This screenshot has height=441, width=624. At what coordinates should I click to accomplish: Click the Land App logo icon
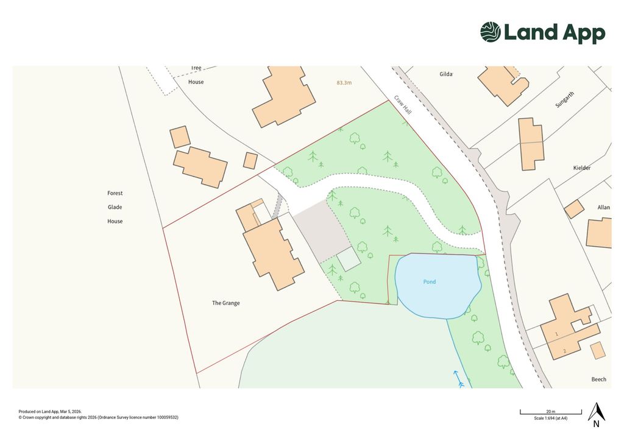click(x=491, y=32)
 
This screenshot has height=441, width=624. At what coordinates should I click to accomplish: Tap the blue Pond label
click(x=430, y=282)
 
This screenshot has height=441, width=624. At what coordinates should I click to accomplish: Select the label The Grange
click(x=225, y=303)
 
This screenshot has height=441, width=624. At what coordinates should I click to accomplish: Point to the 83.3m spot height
click(x=344, y=82)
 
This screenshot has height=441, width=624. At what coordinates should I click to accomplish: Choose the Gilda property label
click(x=446, y=74)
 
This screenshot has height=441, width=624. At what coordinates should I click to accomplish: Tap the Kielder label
click(x=582, y=168)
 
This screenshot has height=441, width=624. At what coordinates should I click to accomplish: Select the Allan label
click(x=603, y=207)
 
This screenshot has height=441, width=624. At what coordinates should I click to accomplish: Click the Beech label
click(x=598, y=379)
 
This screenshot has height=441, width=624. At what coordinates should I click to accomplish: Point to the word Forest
click(x=115, y=193)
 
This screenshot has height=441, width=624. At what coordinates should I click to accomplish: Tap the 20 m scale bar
click(x=550, y=414)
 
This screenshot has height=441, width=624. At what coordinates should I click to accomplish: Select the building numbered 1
click(x=556, y=334)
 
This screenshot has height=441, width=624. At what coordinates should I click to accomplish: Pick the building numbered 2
click(x=564, y=351)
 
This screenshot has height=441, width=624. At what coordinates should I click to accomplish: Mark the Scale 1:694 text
click(x=550, y=418)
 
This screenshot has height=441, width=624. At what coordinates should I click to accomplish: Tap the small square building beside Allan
click(x=573, y=210)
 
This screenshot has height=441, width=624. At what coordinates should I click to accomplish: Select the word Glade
click(x=115, y=207)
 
